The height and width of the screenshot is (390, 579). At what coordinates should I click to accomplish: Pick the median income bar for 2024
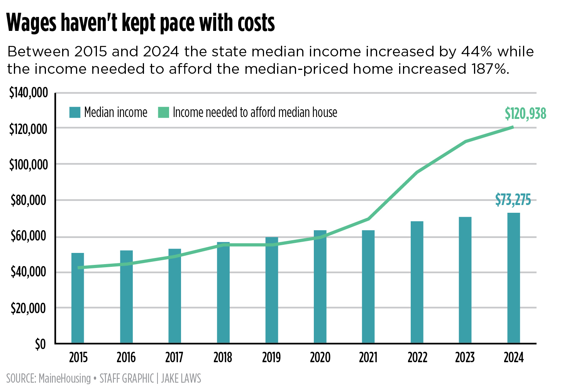click(x=513, y=278)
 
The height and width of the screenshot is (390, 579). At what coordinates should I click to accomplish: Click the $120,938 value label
click(x=525, y=114)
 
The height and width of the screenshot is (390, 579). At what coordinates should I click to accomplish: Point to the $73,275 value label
click(x=513, y=200)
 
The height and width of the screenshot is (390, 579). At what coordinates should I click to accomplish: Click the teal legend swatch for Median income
click(x=75, y=112)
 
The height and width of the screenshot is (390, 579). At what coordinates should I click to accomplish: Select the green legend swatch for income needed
click(x=164, y=112)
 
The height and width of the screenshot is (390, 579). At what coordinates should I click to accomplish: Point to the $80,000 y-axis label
click(x=28, y=200)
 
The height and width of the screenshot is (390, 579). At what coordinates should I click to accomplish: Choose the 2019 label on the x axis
click(x=271, y=358)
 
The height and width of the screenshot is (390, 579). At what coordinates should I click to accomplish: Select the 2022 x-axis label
click(x=417, y=358)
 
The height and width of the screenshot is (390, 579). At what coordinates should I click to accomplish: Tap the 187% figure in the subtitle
click(x=488, y=69)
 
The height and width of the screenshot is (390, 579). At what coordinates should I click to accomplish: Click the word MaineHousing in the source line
click(x=64, y=378)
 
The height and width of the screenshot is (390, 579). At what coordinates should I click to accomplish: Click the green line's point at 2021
click(x=369, y=219)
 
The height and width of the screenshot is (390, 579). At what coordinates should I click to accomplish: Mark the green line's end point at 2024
click(x=513, y=127)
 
